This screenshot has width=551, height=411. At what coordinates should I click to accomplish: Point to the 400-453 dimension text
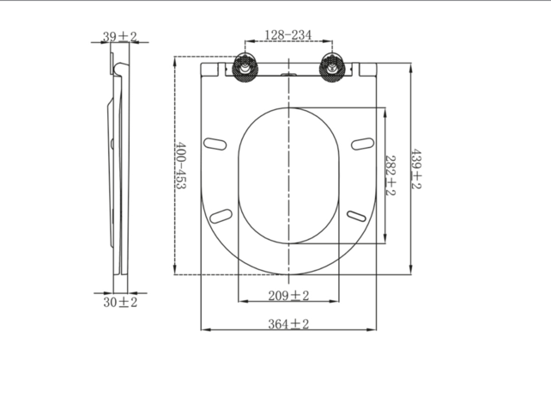[181, 165]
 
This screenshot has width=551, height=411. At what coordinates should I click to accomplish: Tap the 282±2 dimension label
[390, 175]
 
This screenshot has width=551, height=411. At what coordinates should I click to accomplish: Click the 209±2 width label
[288, 296]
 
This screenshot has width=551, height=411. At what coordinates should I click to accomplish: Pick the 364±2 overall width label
[288, 323]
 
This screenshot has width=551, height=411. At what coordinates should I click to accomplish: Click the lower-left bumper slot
[221, 215]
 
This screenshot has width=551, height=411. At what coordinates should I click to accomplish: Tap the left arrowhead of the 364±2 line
[203, 329]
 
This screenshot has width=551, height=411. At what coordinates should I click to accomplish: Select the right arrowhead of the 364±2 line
[375, 329]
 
